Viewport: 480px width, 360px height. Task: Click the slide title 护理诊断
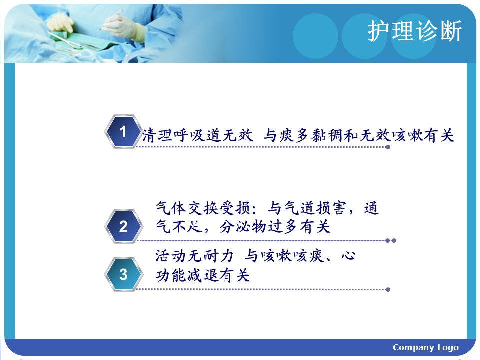[x=415, y=31]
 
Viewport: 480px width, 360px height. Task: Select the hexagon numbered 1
[x=123, y=132]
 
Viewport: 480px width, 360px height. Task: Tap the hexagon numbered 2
[x=123, y=226]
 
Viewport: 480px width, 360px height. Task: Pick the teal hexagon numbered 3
[x=123, y=274]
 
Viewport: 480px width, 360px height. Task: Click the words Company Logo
[x=426, y=348]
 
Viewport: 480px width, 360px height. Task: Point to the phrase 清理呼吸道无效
[x=198, y=135]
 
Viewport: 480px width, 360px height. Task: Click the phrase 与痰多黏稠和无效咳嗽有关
[x=359, y=135]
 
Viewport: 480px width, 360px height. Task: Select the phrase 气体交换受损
[x=202, y=208]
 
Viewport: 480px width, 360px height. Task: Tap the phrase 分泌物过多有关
[x=275, y=227]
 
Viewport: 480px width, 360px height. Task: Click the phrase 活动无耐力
[x=194, y=256]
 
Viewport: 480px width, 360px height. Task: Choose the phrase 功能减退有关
[x=202, y=275]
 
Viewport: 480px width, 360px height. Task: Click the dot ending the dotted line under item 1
[x=388, y=147]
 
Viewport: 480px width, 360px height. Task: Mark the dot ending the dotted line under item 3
[x=388, y=289]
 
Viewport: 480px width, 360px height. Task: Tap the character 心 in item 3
[x=348, y=256]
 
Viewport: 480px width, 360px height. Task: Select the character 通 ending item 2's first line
[x=371, y=208]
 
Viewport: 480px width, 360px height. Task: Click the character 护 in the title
[x=379, y=31]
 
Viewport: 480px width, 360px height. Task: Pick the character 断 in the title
[x=451, y=31]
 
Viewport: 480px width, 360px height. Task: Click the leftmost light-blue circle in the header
[x=315, y=36]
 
